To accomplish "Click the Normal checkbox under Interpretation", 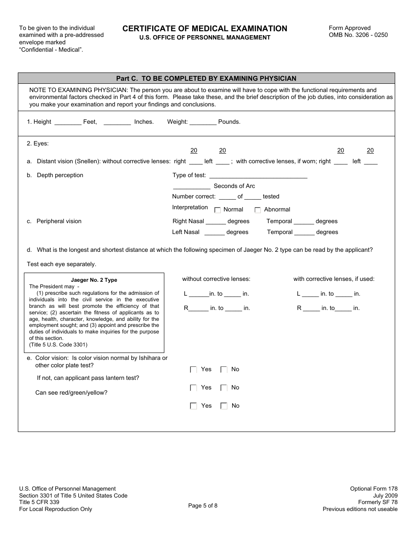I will point(218,210).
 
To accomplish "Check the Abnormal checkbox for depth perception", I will point(258,210).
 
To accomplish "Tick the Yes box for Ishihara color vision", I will point(193,370).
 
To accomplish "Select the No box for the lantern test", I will point(224,388).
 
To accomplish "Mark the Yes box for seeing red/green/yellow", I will point(193,406).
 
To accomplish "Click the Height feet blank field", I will point(68,122).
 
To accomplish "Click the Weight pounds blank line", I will point(203,122).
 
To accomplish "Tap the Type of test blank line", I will point(258,176).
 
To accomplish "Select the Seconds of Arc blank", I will point(192,186).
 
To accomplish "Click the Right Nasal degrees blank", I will point(216,221).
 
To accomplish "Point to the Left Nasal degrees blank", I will point(214,232).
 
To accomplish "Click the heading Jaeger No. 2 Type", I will point(94,280).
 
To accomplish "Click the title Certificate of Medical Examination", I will point(205,29).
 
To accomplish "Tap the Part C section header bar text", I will point(206,79).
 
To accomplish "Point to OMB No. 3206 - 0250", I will point(358,35).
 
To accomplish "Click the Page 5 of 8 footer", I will point(203,505).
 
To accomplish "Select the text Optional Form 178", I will point(374,489).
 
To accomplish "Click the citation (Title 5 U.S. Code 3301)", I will point(58,345).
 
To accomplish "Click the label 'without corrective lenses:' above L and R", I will point(216,279).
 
